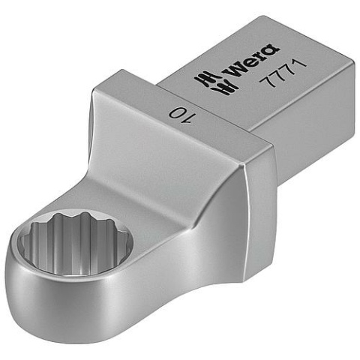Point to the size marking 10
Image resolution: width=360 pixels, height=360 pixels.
click(x=178, y=113)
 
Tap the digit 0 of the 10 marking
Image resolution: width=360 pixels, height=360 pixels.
click(x=175, y=114)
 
